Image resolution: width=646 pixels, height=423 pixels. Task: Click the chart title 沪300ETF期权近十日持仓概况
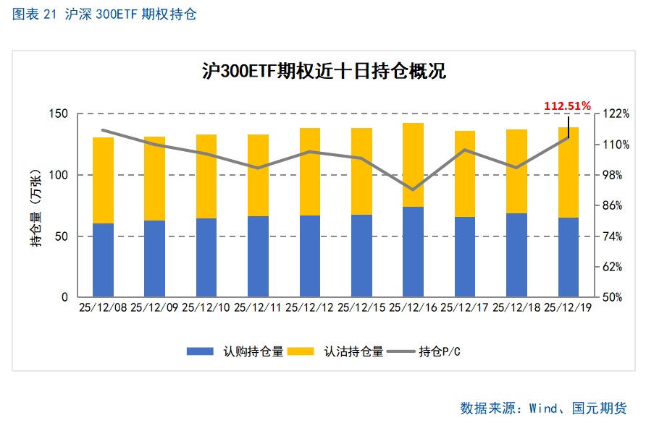click(323, 71)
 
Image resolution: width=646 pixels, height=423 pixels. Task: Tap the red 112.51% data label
click(568, 106)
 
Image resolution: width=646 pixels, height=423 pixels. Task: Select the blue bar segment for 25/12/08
click(104, 260)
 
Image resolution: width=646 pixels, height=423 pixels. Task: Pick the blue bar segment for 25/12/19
click(569, 257)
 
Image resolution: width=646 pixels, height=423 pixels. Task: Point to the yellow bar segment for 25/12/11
click(258, 175)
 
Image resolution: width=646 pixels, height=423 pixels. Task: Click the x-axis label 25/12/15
click(361, 307)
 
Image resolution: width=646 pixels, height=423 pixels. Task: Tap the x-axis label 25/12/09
click(154, 307)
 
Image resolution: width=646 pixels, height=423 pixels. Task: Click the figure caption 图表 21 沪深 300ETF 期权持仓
click(104, 14)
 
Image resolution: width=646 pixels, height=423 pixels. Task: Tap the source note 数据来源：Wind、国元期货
click(543, 408)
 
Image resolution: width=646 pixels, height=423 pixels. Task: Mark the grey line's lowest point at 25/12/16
click(413, 189)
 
